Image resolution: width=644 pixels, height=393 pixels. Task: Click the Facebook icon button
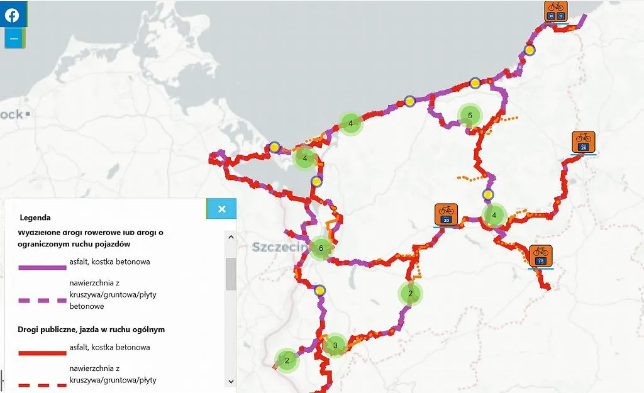pyautogui.click(x=13, y=15)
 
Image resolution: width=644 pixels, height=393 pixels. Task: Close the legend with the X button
pyautogui.click(x=221, y=209)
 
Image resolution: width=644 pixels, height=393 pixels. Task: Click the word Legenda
pyautogui.click(x=35, y=218)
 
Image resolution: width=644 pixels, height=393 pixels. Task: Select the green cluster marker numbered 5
pyautogui.click(x=470, y=116)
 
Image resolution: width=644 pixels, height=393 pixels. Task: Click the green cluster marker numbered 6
pyautogui.click(x=321, y=248)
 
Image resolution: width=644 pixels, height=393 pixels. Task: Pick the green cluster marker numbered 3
pyautogui.click(x=335, y=345)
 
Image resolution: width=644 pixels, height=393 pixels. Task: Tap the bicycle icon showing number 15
pyautogui.click(x=540, y=255)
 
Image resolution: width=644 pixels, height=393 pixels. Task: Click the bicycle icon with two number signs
pyautogui.click(x=556, y=11)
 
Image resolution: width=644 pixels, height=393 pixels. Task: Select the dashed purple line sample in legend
pyautogui.click(x=42, y=301)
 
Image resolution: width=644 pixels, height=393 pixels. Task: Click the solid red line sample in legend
pyautogui.click(x=42, y=353)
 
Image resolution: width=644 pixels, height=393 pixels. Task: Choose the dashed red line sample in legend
pyautogui.click(x=42, y=384)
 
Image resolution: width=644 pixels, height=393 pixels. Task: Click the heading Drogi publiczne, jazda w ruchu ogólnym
pyautogui.click(x=92, y=329)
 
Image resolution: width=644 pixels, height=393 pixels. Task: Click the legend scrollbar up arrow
pyautogui.click(x=231, y=238)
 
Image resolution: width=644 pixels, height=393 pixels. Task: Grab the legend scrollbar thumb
pyautogui.click(x=231, y=274)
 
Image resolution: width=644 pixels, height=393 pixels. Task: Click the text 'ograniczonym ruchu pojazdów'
pyautogui.click(x=79, y=244)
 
